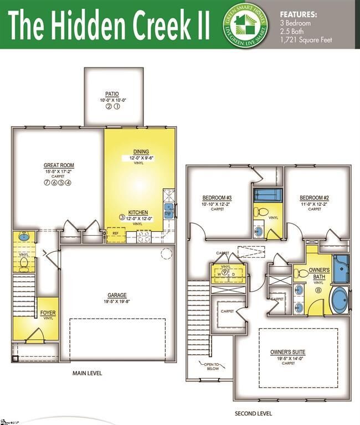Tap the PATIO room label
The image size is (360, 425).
[112, 94]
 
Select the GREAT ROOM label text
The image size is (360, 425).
[59, 165]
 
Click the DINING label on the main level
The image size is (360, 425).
[141, 152]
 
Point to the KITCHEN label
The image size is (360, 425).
[138, 212]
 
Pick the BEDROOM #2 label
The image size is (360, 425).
[315, 198]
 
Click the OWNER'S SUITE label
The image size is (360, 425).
[287, 352]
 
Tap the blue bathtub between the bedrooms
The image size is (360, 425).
[268, 195]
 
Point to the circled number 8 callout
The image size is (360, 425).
[318, 289]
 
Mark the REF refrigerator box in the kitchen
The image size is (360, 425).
[116, 234]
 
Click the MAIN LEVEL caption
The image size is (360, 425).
[88, 373]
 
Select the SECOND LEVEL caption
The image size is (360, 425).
[253, 413]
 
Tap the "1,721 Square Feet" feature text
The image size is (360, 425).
[307, 39]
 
